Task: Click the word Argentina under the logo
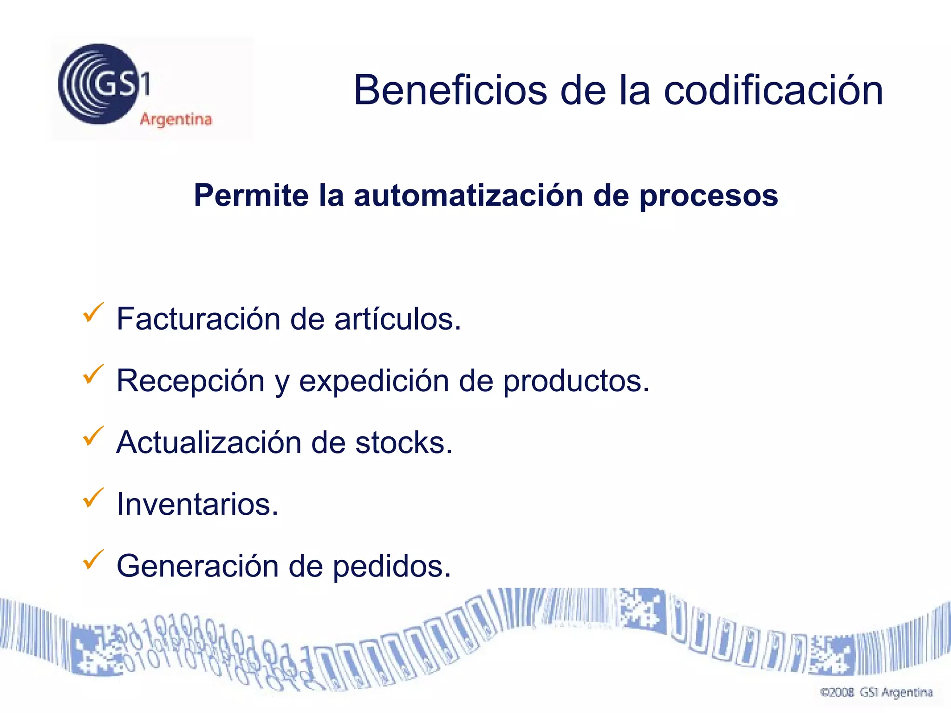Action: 176,120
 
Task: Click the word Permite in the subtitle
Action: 251,195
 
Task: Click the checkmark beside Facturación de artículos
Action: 93,312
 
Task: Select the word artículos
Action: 397,319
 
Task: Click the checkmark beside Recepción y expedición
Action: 93,374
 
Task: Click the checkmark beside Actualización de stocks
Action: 93,436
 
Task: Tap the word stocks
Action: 403,442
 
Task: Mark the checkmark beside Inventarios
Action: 93,498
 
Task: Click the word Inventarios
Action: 197,504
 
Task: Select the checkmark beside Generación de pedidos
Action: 93,559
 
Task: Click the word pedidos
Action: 391,567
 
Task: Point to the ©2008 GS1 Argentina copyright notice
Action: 876,693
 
